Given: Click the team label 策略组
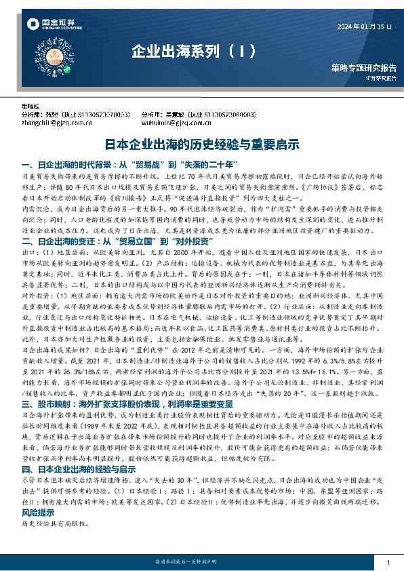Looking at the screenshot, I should [x=31, y=106].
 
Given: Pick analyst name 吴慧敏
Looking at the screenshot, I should [x=180, y=115].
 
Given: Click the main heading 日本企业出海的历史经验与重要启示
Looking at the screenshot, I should [x=201, y=144].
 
